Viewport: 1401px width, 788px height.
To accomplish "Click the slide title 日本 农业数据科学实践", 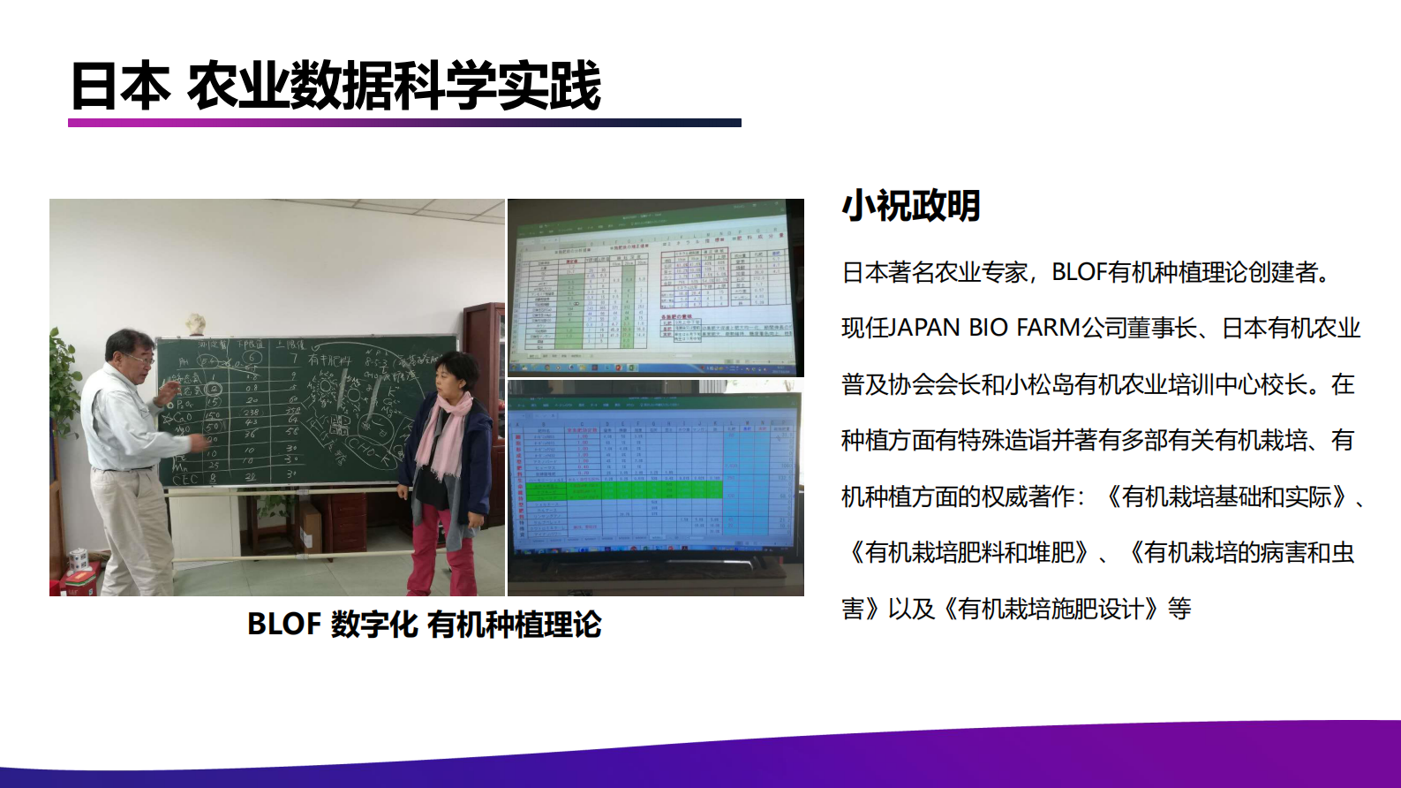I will pos(335,86).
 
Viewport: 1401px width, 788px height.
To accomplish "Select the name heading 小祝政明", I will pos(910,205).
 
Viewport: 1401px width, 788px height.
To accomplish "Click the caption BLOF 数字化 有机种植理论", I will pos(424,625).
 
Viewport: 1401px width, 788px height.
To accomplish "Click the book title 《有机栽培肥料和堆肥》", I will pos(969,553).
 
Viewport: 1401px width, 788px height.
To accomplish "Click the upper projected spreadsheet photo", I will pos(655,287).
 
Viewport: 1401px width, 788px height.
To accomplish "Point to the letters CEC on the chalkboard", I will pos(186,479).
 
